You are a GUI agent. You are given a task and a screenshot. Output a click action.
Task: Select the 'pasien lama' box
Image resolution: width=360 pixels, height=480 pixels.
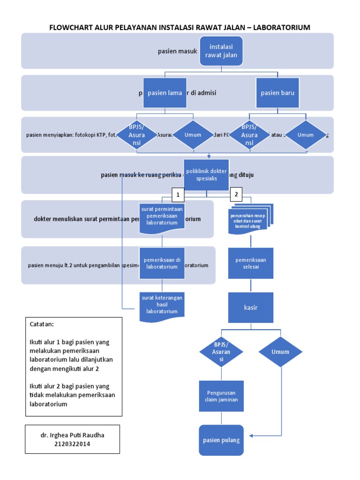165,93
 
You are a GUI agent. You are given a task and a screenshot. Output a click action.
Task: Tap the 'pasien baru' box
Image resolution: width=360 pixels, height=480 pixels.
277,93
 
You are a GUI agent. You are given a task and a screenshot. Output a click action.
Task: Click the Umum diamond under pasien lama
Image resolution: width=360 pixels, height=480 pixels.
193,135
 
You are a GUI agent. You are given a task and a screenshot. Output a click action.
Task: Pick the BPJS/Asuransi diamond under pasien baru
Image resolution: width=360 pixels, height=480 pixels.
249,135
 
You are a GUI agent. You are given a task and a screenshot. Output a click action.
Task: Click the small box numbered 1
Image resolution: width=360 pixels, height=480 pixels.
178,194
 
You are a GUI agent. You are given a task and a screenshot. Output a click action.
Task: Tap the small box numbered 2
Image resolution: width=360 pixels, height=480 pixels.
236,194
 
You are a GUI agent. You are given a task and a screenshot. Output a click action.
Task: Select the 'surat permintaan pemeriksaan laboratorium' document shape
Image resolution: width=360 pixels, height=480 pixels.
162,217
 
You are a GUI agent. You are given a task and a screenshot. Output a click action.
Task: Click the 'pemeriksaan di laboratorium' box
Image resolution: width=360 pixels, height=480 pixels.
162,263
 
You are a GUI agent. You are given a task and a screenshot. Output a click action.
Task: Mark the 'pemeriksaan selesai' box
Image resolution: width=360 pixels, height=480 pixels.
251,263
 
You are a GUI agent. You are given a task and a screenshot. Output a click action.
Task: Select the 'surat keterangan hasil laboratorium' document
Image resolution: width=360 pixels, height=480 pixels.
162,305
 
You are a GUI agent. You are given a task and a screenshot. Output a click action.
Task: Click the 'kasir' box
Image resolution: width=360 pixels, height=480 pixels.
251,307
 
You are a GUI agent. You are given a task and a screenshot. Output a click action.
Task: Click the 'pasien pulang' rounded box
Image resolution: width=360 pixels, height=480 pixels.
221,440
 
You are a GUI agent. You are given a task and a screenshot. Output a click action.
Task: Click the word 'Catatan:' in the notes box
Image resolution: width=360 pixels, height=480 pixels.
42,324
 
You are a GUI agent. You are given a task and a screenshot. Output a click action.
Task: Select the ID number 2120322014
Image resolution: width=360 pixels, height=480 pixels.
72,444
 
